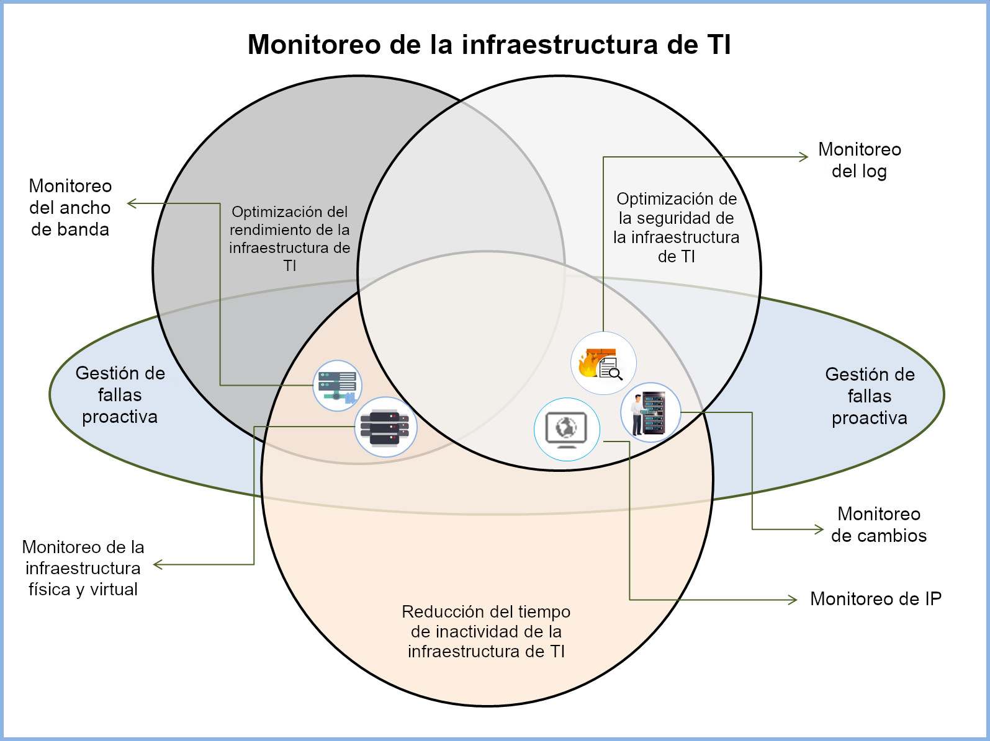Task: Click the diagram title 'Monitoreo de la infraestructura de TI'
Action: coord(489,45)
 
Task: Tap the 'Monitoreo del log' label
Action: coord(859,160)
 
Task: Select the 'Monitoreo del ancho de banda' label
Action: coord(70,208)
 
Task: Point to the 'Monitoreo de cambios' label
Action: coord(878,525)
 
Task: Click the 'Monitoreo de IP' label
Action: coord(875,599)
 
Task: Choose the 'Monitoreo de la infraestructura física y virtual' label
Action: coord(83,568)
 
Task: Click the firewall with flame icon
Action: coord(603,363)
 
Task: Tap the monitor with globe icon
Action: coord(567,429)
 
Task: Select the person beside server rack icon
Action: coord(650,412)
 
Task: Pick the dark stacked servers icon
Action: coord(385,427)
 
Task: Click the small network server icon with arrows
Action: coord(337,386)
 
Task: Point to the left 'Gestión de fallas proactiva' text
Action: coord(120,395)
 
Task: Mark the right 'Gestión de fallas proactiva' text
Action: coord(869,396)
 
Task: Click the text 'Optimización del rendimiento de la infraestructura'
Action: coord(290,239)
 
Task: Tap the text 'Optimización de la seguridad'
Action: coord(676,228)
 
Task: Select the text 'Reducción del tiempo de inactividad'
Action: coord(486,631)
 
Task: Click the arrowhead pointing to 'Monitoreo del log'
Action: coord(805,158)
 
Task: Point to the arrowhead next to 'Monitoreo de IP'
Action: coord(793,600)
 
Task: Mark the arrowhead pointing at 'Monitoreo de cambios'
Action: coord(819,530)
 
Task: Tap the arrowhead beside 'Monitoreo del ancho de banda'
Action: coord(132,203)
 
